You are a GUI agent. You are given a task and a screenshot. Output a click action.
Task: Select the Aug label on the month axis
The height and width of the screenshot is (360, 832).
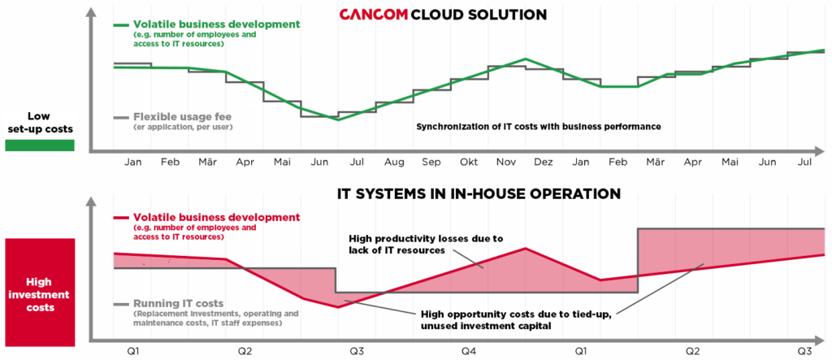[x=394, y=163]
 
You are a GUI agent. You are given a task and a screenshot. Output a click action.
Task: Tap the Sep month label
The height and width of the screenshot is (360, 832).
[x=431, y=163]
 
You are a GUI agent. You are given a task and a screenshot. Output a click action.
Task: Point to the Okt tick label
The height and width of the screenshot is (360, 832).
[x=469, y=163]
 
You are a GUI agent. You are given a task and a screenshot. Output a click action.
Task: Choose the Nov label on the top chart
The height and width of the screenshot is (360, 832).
[x=506, y=163]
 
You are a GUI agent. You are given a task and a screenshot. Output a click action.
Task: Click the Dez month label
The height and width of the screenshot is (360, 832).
[x=544, y=163]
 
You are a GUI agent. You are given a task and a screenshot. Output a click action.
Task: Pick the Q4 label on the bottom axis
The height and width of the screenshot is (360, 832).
[x=469, y=351]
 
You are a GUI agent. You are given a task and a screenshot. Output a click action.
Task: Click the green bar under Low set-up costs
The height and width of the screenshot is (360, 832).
[x=39, y=145]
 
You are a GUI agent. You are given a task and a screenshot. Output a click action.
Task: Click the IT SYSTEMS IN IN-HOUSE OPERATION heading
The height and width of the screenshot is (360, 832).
[x=479, y=194]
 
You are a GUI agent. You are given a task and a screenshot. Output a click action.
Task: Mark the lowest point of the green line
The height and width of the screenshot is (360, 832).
[x=339, y=119]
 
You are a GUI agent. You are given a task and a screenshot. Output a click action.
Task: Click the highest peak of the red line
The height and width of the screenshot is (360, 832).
[x=526, y=248]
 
